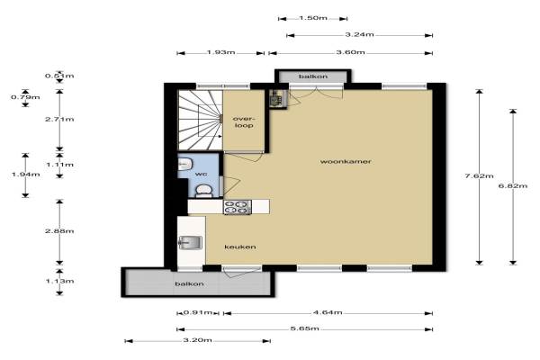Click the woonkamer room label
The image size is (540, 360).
click(346, 162)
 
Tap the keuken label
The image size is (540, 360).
click(240, 247)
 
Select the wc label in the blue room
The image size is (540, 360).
click(201, 175)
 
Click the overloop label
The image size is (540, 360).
click(244, 122)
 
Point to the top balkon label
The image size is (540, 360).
click(313, 76)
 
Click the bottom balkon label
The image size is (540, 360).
click(189, 283)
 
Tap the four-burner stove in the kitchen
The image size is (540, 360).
click(238, 207)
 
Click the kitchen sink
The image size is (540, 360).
click(191, 243)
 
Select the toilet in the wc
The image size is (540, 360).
click(203, 191)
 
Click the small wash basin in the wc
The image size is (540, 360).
click(184, 164)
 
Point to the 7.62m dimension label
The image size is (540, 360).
click(479, 176)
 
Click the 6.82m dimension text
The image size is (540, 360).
click(513, 186)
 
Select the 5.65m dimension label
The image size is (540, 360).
click(305, 328)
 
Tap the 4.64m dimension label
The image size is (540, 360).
click(328, 312)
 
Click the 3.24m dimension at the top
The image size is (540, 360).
click(359, 34)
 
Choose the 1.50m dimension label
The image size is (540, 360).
click(313, 18)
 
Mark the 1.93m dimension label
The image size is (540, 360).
click(220, 52)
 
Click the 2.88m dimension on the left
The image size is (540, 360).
click(59, 230)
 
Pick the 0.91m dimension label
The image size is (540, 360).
click(198, 312)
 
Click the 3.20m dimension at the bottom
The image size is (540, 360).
click(197, 340)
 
